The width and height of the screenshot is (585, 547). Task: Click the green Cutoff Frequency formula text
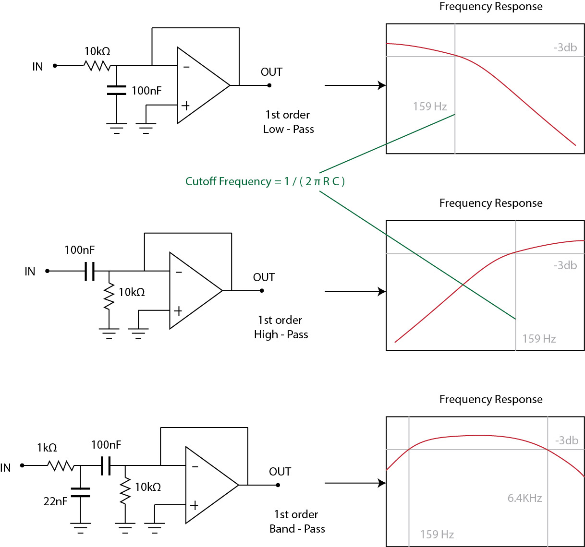[265, 181]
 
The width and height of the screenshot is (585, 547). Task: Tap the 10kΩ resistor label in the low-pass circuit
[97, 51]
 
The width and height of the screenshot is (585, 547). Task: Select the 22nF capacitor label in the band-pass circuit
[55, 501]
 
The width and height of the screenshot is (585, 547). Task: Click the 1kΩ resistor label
[47, 448]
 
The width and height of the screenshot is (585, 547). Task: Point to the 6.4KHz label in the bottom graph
[524, 498]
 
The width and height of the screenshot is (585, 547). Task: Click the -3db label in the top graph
[565, 48]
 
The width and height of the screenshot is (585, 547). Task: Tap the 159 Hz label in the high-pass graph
[539, 339]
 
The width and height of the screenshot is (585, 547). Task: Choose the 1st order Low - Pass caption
[288, 122]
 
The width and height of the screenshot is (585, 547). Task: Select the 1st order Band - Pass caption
[297, 522]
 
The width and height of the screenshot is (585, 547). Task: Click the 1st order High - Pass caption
[281, 327]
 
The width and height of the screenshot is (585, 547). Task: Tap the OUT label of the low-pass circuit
[271, 72]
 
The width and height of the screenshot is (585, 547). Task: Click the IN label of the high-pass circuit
[30, 272]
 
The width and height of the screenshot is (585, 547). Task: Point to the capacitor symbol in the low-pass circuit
[116, 90]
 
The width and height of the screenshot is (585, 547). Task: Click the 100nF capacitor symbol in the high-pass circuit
[89, 271]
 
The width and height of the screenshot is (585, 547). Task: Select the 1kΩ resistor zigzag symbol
[61, 465]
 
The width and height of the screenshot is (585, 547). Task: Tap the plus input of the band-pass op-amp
[194, 505]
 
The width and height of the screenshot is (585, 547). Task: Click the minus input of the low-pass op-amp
[186, 67]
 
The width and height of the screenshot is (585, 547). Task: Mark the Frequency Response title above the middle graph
[491, 203]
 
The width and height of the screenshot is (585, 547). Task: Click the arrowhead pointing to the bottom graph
[382, 483]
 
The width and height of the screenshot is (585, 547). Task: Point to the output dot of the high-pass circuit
[262, 290]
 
